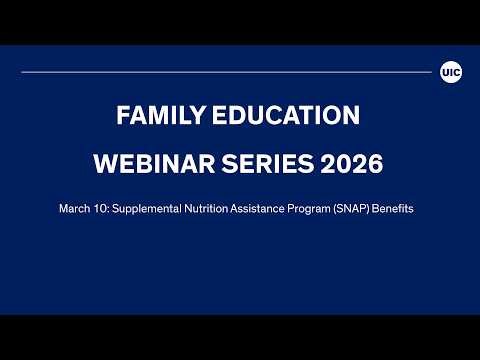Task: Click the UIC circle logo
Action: coord(450,72)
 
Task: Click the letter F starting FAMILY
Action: coord(122,116)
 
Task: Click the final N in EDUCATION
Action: coord(354,116)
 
